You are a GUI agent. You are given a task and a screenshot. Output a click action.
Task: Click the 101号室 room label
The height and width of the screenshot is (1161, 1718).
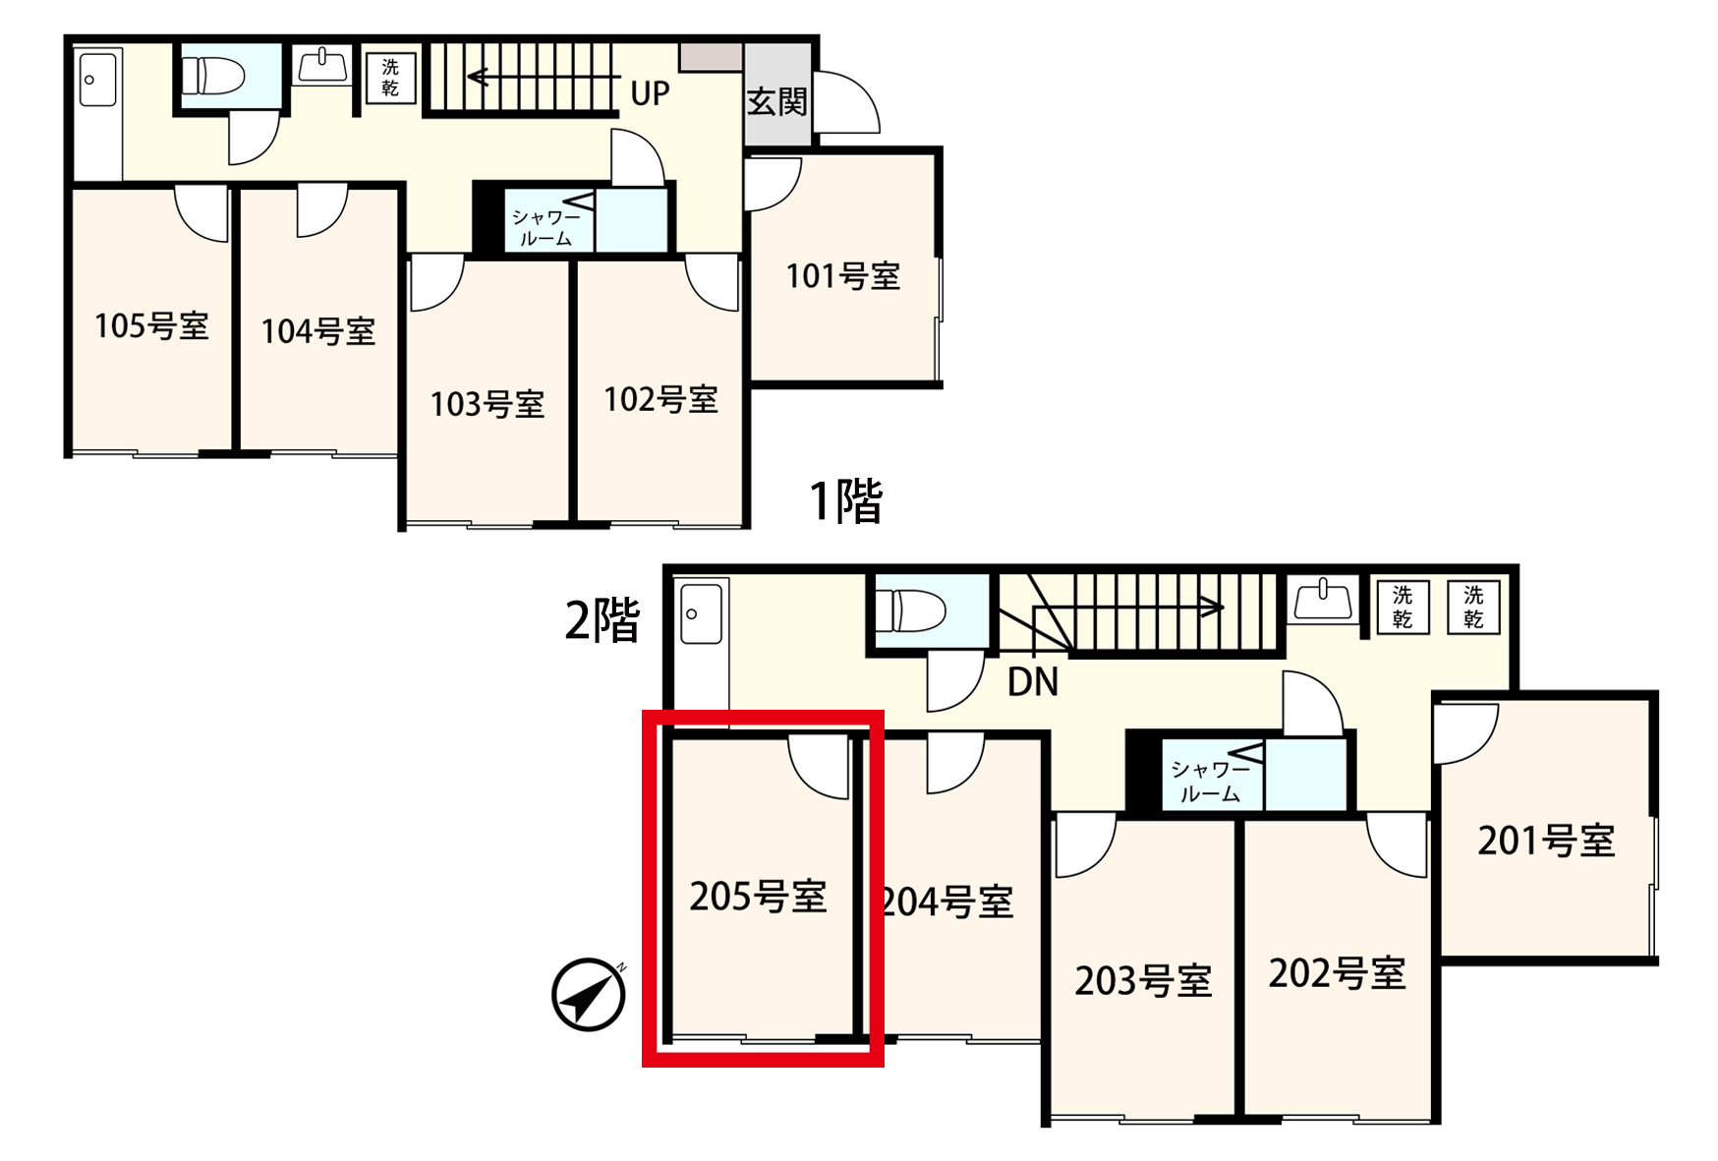point(843,276)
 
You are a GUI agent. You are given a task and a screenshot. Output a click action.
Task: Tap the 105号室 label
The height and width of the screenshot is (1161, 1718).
point(151,325)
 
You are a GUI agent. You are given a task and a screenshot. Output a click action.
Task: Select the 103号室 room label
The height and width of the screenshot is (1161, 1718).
point(487,404)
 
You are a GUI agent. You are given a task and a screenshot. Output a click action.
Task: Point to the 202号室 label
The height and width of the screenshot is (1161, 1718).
point(1337,973)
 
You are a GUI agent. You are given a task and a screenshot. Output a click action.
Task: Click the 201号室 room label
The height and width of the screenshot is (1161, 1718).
point(1546,841)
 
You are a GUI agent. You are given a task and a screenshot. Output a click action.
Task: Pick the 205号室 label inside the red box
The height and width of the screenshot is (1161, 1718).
point(758,897)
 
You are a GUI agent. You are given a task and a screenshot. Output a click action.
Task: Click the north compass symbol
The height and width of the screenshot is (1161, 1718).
point(589,994)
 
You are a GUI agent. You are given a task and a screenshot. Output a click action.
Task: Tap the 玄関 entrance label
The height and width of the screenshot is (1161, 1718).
point(776,101)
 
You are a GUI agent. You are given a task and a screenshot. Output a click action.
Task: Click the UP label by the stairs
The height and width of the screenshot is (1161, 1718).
point(650,94)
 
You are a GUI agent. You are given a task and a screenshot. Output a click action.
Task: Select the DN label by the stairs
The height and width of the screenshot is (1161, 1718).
point(1033,682)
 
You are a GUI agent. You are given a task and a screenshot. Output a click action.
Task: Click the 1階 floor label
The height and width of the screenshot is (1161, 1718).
point(845,500)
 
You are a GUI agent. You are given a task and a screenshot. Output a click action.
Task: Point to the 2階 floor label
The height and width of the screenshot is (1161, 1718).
point(602,620)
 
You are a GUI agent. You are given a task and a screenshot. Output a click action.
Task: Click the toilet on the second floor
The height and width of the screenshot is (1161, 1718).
point(910,610)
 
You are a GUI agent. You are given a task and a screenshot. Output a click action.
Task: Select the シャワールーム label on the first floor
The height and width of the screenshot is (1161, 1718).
point(545,227)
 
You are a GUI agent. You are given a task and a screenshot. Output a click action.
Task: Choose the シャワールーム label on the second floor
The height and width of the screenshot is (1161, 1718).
point(1210,782)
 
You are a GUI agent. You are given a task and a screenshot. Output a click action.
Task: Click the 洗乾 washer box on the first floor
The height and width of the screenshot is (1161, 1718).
point(390,77)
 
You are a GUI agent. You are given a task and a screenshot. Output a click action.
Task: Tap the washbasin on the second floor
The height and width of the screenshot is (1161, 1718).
point(1322,600)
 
